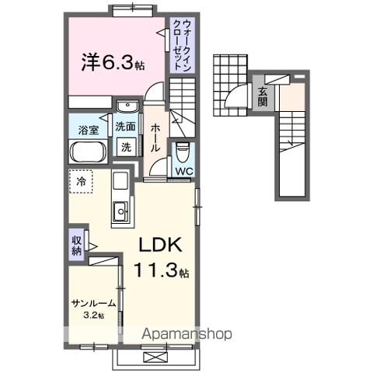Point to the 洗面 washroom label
[x=125, y=127]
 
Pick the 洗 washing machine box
[x=124, y=146]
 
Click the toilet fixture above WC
[x=183, y=149]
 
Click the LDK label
[x=160, y=246]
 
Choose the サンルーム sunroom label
[x=94, y=303]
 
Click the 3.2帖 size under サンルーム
[x=94, y=316]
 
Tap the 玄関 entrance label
[x=263, y=97]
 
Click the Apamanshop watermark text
[x=186, y=334]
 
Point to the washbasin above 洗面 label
[x=125, y=107]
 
